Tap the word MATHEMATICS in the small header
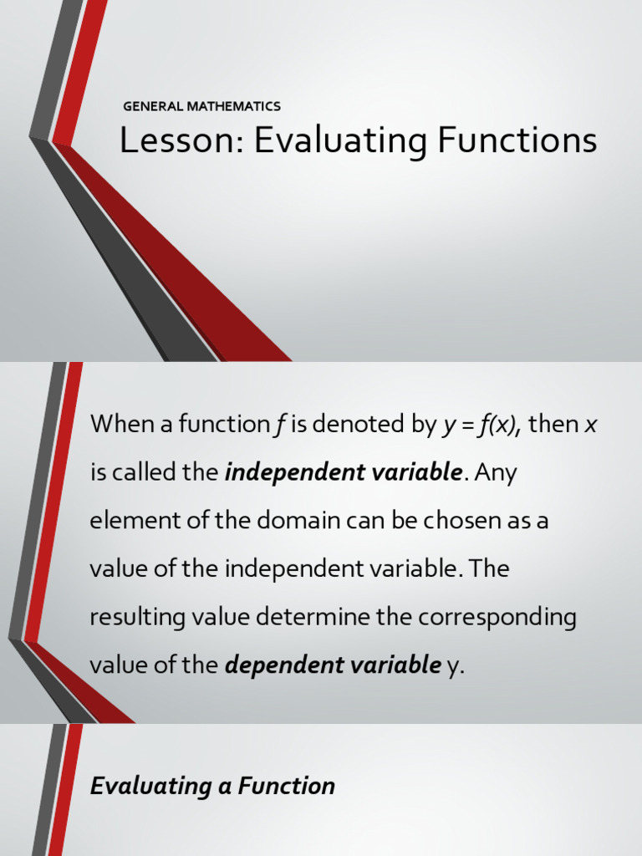(234, 106)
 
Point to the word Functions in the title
(517, 140)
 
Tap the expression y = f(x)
(479, 424)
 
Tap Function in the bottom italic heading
(287, 786)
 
